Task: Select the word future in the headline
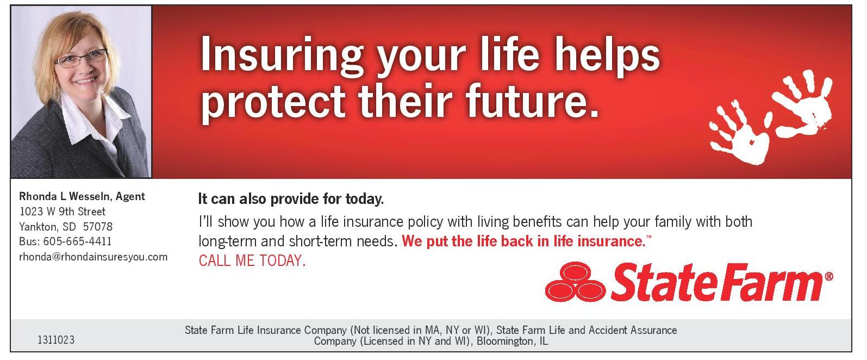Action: pos(532,101)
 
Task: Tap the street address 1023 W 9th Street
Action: pos(63,212)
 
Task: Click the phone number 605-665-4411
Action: pos(77,241)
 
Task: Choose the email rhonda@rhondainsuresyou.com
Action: pos(93,257)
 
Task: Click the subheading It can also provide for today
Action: pos(291,199)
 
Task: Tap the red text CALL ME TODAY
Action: pos(252,260)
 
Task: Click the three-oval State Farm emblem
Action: pos(575,281)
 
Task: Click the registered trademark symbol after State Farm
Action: pos(829,277)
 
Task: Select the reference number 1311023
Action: pos(56,340)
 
